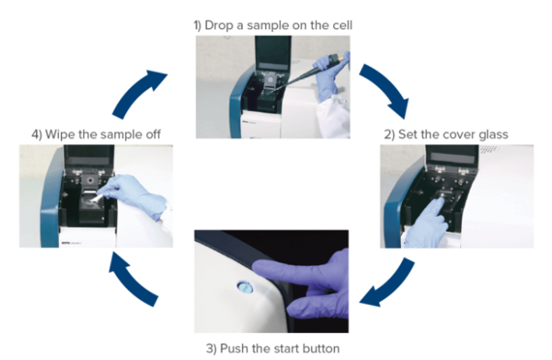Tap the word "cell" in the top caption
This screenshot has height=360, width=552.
pos(342,25)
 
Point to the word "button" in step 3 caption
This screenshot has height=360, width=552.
pos(322,348)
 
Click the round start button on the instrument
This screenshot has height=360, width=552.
pos(245,287)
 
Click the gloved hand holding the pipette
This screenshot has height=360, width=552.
pos(330,74)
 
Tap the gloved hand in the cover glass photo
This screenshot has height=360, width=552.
pos(426,222)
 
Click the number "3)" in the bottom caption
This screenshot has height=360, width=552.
pos(212,348)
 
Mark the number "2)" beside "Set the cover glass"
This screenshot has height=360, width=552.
pos(389,135)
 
